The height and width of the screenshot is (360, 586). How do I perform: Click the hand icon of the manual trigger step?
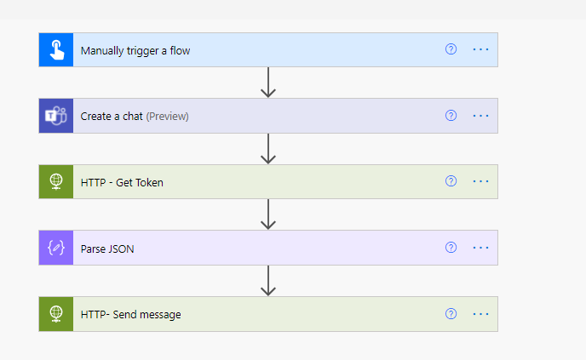coord(56,50)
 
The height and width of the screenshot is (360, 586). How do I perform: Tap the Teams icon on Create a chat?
coord(56,116)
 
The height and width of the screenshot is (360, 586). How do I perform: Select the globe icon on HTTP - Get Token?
coord(56,181)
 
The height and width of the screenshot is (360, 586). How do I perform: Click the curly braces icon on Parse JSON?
coord(56,248)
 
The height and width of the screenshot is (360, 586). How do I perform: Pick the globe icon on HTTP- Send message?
coord(56,314)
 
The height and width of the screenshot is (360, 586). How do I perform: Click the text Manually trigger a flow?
coord(135,50)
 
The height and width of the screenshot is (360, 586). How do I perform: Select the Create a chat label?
coord(112,116)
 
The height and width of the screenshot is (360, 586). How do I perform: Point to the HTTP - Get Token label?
coord(122,181)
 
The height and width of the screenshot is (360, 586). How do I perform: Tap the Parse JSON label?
coord(107,248)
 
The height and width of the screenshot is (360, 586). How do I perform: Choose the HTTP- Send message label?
coord(130,314)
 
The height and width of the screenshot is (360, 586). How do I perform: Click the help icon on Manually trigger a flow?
coord(451,49)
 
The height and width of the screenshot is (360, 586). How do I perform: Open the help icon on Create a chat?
coord(451,116)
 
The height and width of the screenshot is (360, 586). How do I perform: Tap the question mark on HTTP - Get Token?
coord(451,181)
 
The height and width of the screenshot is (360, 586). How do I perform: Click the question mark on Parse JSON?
coord(451,248)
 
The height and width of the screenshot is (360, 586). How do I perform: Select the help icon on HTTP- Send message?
coord(451,314)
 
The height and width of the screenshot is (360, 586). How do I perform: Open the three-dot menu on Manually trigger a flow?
coord(481,49)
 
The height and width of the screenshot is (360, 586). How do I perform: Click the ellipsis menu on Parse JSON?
coord(481,248)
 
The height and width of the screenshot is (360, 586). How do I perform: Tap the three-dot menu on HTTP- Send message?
coord(481,314)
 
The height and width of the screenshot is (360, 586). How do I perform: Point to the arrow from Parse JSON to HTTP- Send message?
coord(268,281)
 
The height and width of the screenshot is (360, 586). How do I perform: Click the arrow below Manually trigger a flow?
coord(268,83)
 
